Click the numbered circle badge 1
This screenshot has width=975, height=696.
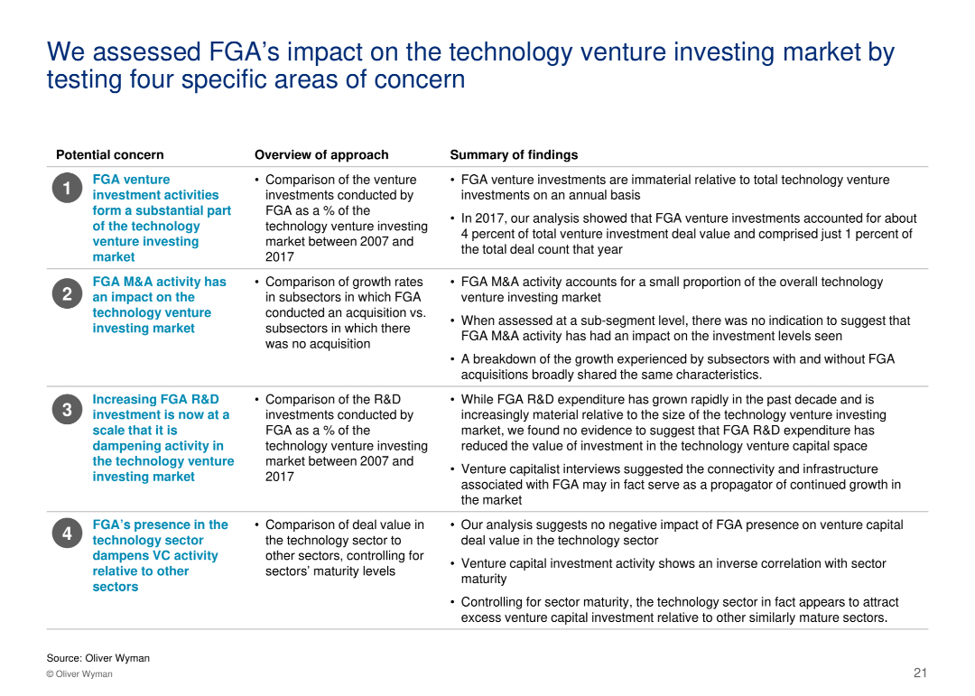point(67,189)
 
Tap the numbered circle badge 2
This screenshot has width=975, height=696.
point(67,294)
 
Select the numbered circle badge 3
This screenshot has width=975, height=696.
point(67,410)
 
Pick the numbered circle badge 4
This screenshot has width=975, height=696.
point(67,534)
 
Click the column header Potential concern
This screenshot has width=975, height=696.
point(109,154)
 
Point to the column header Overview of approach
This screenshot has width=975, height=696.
point(320,154)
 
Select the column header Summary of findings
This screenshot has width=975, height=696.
point(513,154)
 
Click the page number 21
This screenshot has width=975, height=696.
point(920,673)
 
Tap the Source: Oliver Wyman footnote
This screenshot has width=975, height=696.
point(97,658)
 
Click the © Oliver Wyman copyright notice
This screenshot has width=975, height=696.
point(79,674)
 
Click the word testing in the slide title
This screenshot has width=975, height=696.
point(83,79)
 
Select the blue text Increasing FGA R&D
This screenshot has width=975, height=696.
point(155,399)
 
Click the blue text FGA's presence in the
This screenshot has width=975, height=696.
point(160,524)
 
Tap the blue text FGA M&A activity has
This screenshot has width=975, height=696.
point(159,282)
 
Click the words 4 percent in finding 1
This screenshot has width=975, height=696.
point(491,234)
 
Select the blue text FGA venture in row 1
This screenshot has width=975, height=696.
point(131,180)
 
